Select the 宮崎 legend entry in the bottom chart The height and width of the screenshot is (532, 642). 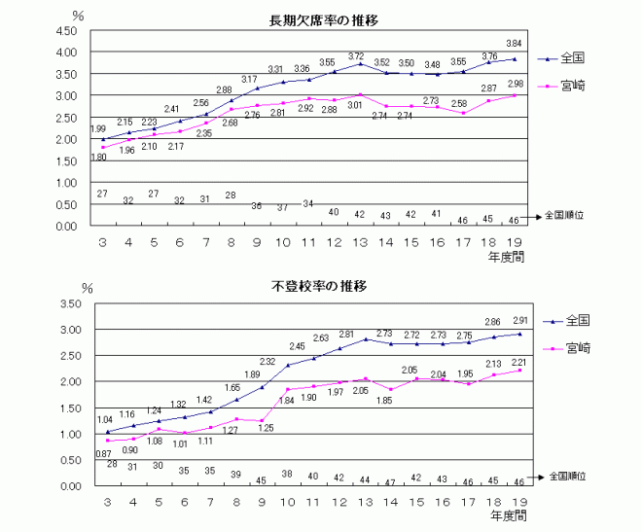[x=578, y=348]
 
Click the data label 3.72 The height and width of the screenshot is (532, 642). [x=357, y=56]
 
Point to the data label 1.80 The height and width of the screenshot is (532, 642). [x=98, y=157]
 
